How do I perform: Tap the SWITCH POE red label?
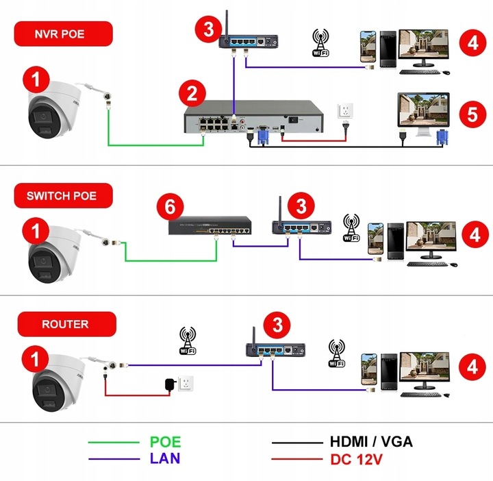pyautogui.click(x=62, y=195)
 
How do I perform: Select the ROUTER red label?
pyautogui.click(x=65, y=323)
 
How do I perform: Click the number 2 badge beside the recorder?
pyautogui.click(x=191, y=93)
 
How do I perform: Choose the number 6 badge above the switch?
pyautogui.click(x=169, y=206)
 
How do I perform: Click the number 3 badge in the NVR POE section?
pyautogui.click(x=207, y=28)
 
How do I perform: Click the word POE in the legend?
pyautogui.click(x=165, y=442)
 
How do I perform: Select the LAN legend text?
pyautogui.click(x=165, y=458)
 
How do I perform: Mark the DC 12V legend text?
pyautogui.click(x=358, y=458)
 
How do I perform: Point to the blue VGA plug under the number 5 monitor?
pyautogui.click(x=442, y=139)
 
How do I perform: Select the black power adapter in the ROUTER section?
pyautogui.click(x=168, y=384)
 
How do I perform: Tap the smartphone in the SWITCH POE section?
pyautogui.click(x=375, y=238)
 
